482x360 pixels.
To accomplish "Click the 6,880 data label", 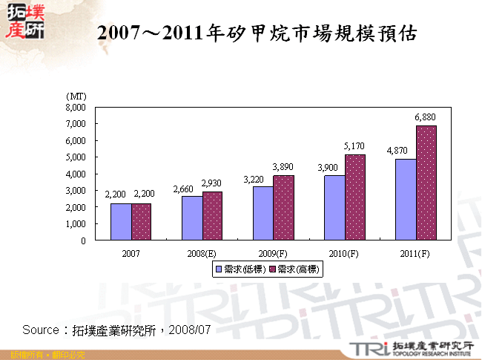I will pos(426,118).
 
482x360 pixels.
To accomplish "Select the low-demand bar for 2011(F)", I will pos(406,200).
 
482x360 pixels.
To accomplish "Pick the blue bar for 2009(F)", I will pos(263,213).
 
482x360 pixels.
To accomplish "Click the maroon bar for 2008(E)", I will pos(212,216).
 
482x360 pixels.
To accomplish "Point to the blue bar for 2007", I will pos(121,222).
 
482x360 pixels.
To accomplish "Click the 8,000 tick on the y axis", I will pos(76,107).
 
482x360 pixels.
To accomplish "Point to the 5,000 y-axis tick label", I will pos(76,157).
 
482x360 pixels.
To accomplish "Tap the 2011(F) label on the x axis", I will pos(415,254).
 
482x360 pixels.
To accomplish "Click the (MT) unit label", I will pos(76,96).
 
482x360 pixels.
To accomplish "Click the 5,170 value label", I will pos(355,147).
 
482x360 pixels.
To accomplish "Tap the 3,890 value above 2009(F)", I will pos(284,168).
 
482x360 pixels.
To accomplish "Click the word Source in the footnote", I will pos(40,330).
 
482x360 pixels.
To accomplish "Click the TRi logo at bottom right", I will pos(368,348).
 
